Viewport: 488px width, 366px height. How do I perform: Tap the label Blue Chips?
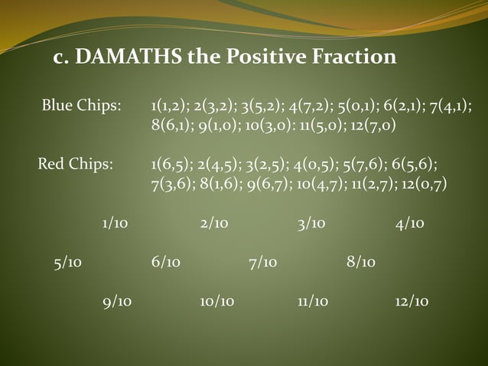pyautogui.click(x=81, y=105)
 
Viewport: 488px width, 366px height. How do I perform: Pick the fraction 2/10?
pyautogui.click(x=213, y=224)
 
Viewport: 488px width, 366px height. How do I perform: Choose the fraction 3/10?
pyautogui.click(x=311, y=224)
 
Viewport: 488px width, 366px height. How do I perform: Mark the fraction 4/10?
pyautogui.click(x=409, y=224)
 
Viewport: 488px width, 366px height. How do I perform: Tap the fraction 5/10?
pyautogui.click(x=68, y=263)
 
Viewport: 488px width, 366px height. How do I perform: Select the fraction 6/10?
pyautogui.click(x=166, y=263)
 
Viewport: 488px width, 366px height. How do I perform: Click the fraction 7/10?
pyautogui.click(x=263, y=263)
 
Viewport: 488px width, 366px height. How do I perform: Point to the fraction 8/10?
pyautogui.click(x=361, y=263)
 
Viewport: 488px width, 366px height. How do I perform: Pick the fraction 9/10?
pyautogui.click(x=117, y=302)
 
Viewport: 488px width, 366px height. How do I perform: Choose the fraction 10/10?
pyautogui.click(x=216, y=302)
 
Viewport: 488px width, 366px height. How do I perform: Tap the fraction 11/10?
pyautogui.click(x=313, y=302)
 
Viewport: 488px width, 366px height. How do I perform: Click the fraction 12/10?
pyautogui.click(x=412, y=302)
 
